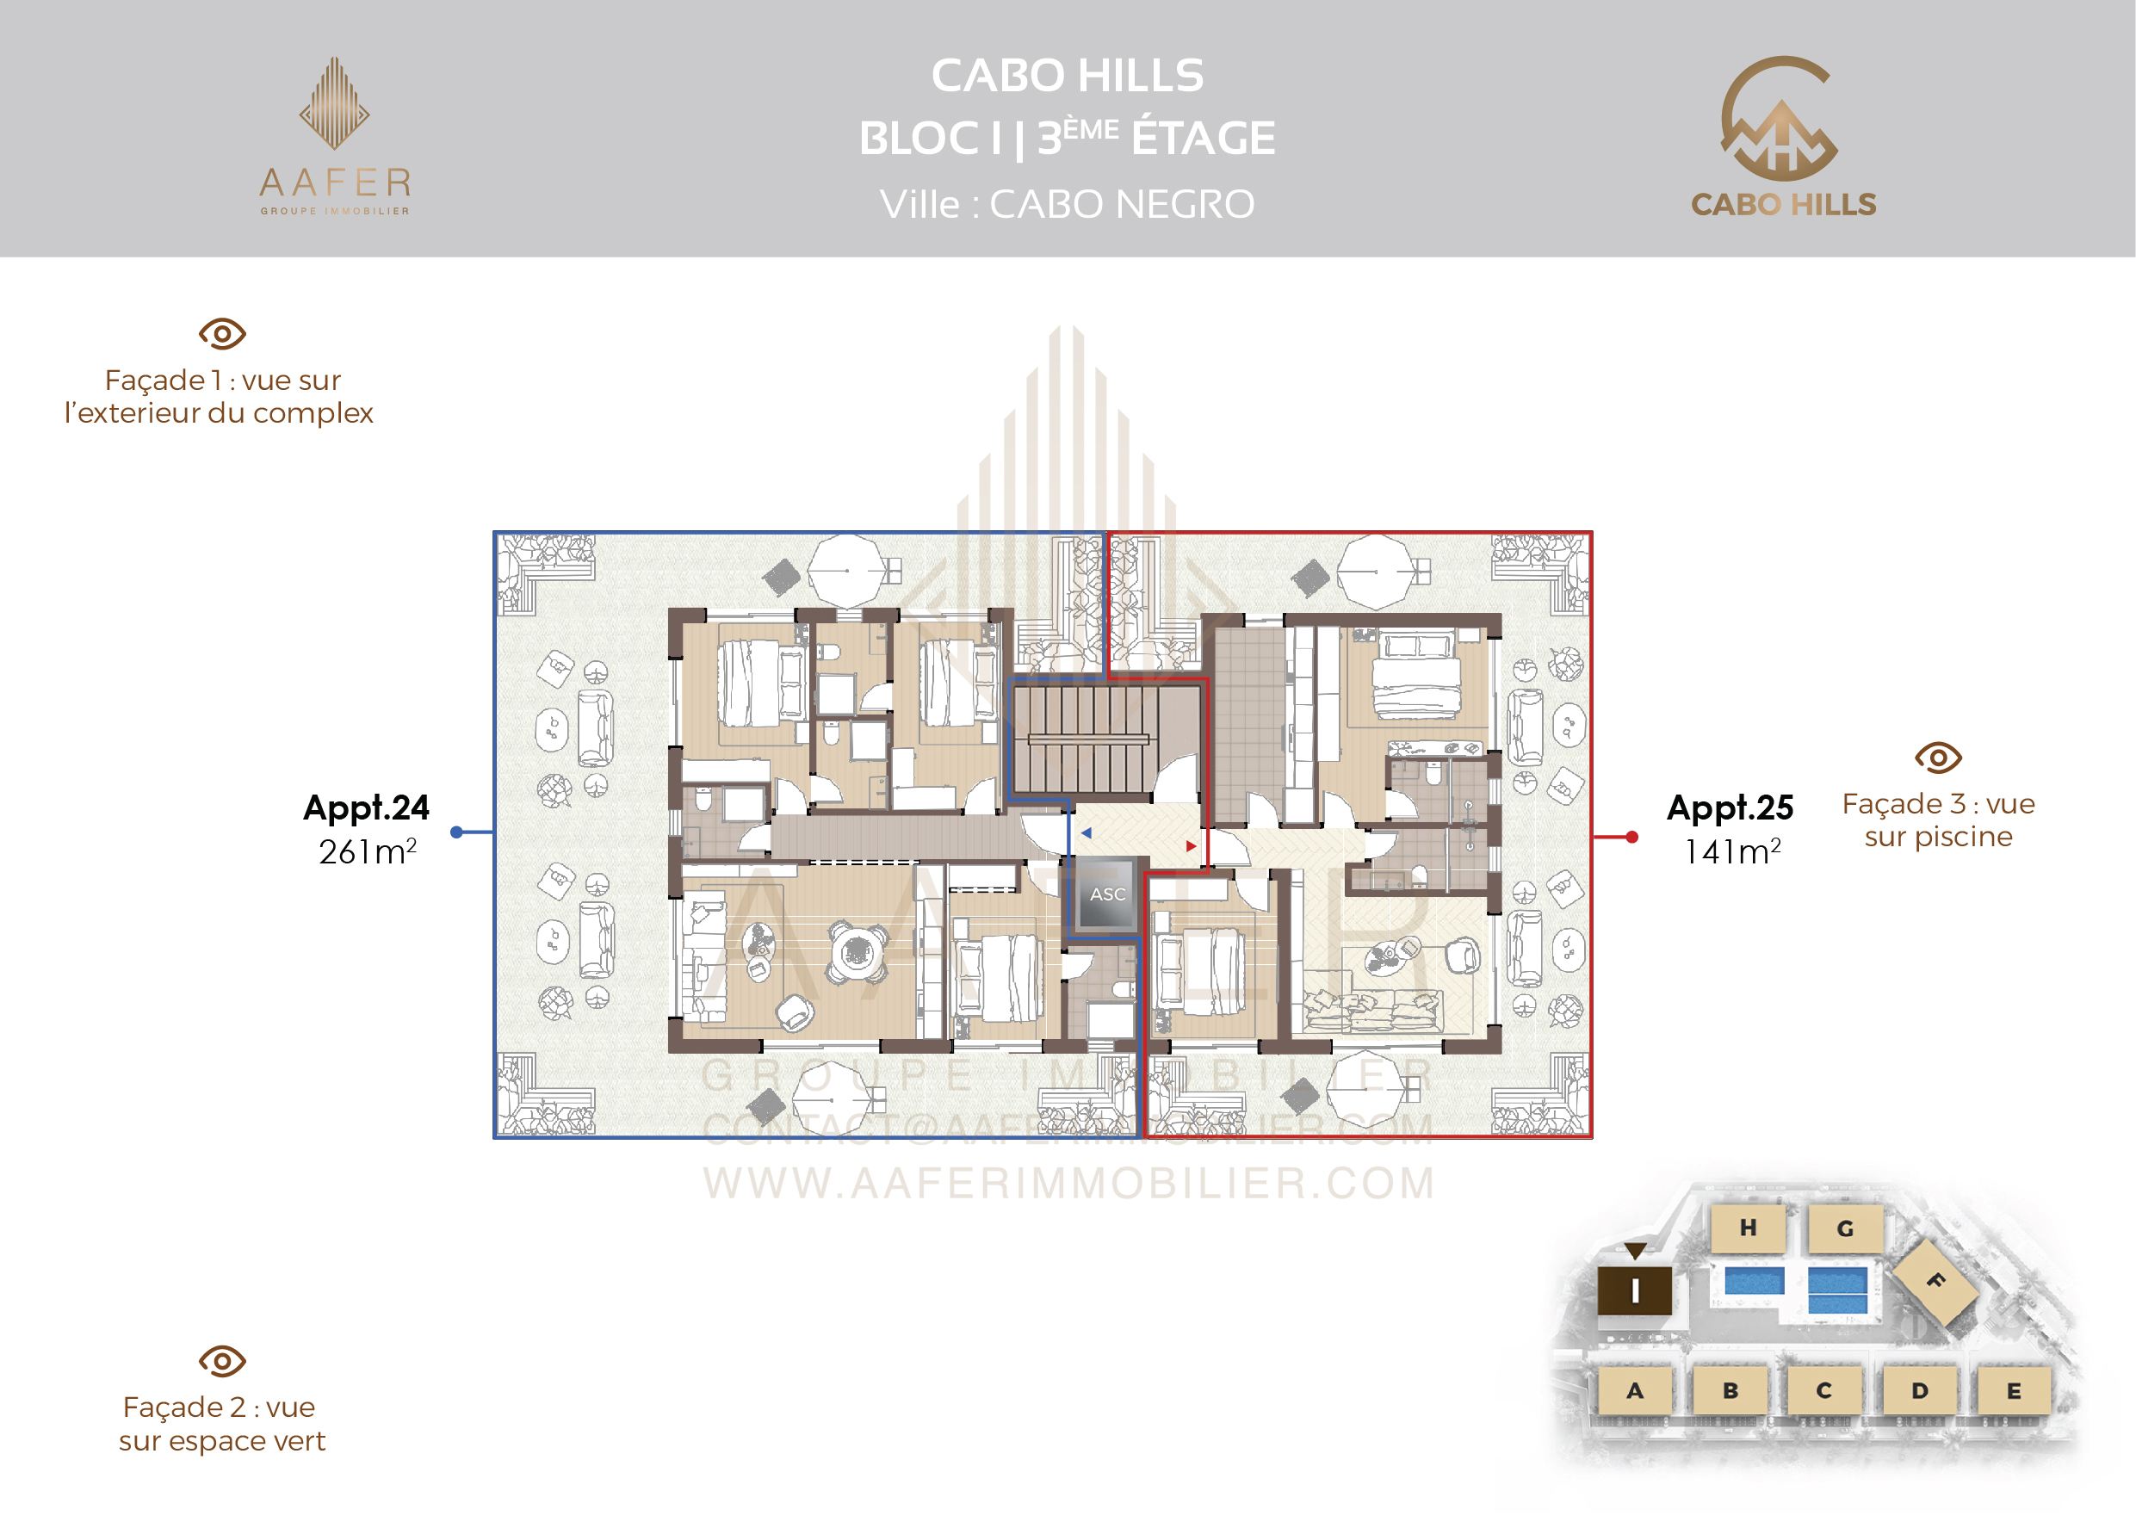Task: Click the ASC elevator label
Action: pyautogui.click(x=1107, y=894)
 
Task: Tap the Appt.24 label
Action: pyautogui.click(x=366, y=808)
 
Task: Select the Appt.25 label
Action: pyautogui.click(x=1730, y=808)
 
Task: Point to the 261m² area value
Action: pyautogui.click(x=368, y=851)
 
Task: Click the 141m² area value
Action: pyautogui.click(x=1732, y=851)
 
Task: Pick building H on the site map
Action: pyautogui.click(x=1749, y=1228)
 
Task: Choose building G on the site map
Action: pyautogui.click(x=1845, y=1228)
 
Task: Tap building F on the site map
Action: pyautogui.click(x=1935, y=1281)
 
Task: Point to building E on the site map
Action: pyautogui.click(x=2014, y=1390)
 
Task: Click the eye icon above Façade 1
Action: pyautogui.click(x=222, y=334)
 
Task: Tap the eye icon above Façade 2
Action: pyautogui.click(x=222, y=1362)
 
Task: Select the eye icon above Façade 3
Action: pyautogui.click(x=1938, y=758)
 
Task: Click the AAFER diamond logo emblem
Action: pyautogui.click(x=334, y=103)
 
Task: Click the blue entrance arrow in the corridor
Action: pyautogui.click(x=1086, y=832)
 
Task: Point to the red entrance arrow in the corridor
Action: pyautogui.click(x=1192, y=846)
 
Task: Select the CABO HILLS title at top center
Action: pyautogui.click(x=1067, y=75)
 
